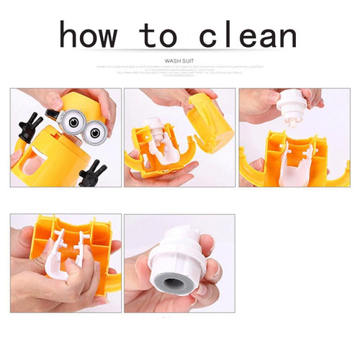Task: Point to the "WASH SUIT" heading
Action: point(180,62)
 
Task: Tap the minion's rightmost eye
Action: point(94,132)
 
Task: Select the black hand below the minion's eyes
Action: point(91,174)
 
